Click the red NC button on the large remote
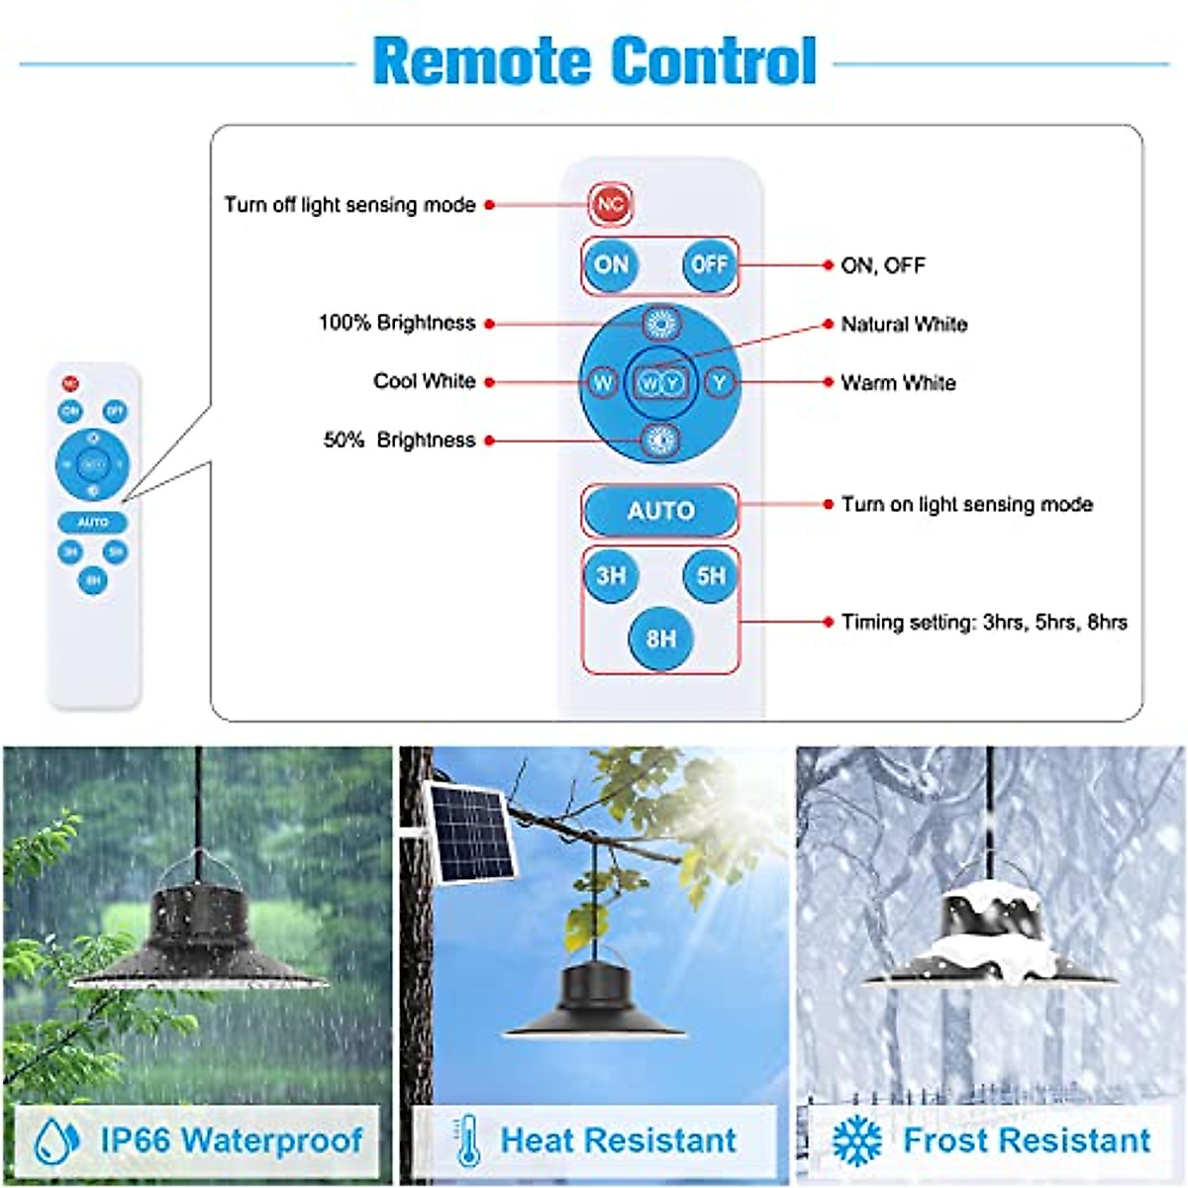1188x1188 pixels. coord(610,204)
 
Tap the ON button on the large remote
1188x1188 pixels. coord(612,264)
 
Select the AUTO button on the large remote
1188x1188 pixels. coord(660,511)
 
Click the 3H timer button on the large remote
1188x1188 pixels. coord(611,575)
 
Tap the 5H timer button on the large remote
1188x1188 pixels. coord(711,575)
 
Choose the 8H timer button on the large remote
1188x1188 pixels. coord(660,639)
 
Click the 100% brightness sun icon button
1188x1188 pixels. coord(660,323)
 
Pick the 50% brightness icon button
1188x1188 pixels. coord(660,441)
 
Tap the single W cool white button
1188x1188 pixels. coord(602,382)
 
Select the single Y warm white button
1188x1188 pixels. coord(720,382)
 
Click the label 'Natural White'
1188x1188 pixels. coord(904,324)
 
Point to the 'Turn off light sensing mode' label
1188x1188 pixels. coord(349,205)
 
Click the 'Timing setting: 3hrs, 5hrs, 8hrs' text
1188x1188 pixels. coord(984,622)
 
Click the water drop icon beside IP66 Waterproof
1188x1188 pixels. coord(56,1139)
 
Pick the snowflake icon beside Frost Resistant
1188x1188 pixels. coord(856,1140)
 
